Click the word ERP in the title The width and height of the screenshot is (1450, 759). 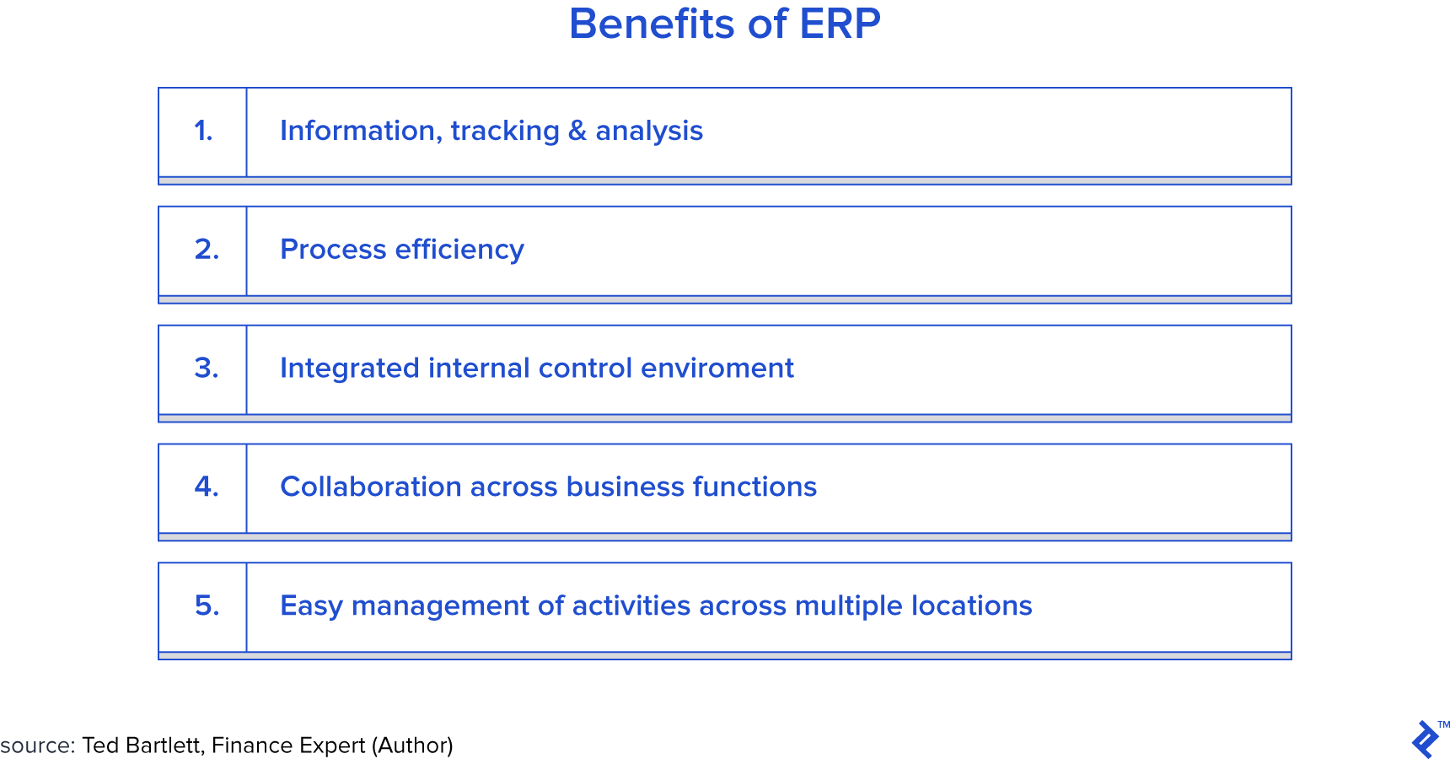coord(840,24)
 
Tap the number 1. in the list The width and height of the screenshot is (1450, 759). coord(203,131)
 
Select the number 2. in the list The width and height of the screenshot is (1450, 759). coord(207,250)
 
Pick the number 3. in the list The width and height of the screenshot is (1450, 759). coord(207,368)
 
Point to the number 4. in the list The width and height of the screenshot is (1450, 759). coord(207,487)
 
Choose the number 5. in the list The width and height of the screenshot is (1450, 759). coord(207,606)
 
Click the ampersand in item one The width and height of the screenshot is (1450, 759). coord(577,131)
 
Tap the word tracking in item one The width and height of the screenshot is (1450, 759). coord(505,132)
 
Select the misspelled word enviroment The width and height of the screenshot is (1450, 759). coord(717,369)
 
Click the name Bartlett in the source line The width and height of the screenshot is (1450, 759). coord(164,746)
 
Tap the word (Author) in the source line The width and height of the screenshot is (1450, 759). coord(412,746)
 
